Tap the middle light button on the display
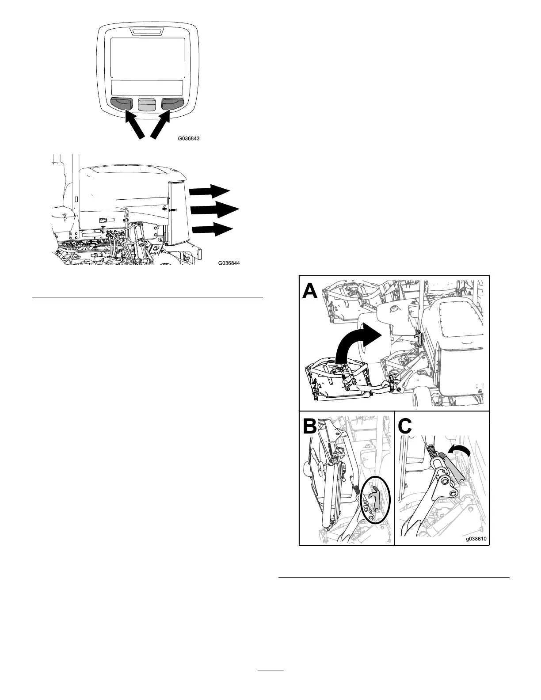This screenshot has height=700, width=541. coord(147,104)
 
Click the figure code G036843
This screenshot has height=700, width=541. coord(189,138)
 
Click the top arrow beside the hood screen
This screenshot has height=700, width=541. coord(210,191)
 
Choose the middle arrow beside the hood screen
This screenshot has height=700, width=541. coord(214,209)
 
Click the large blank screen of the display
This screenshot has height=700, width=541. coord(147,57)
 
